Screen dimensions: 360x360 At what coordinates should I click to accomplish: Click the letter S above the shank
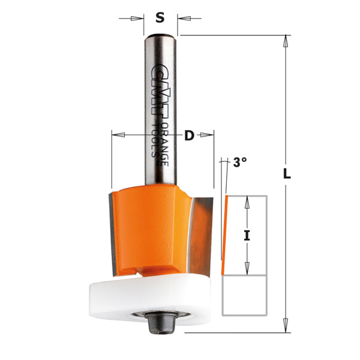tap(160, 17)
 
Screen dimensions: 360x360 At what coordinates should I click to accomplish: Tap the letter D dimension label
tap(189, 136)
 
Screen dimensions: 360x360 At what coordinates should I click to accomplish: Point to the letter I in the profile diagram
tap(246, 236)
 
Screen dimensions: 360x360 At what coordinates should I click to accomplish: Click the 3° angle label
tap(240, 162)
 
